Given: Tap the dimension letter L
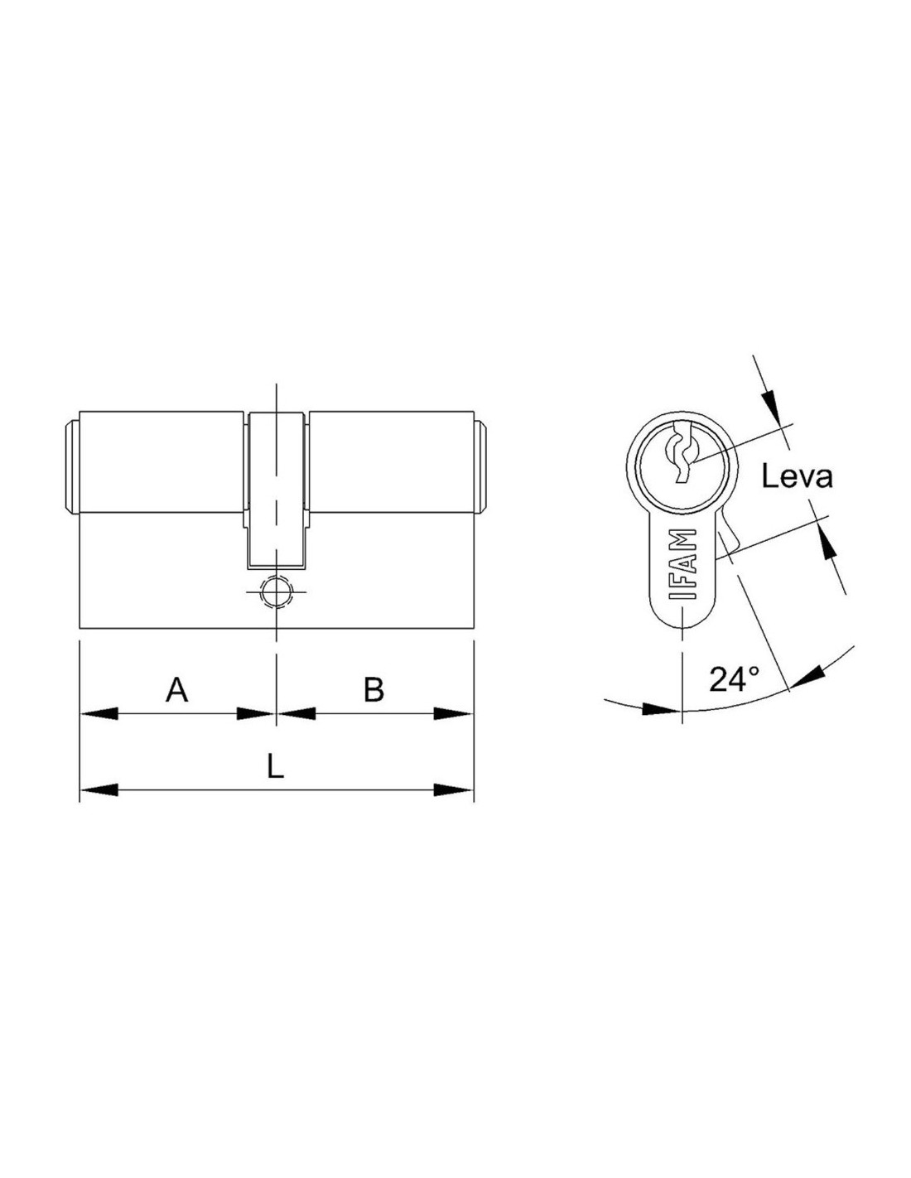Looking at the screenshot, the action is (276, 766).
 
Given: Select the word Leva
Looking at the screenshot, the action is (798, 478).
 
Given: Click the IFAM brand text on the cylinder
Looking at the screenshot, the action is (682, 563).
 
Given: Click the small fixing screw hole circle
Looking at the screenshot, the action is (277, 591).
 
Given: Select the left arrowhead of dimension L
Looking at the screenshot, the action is (99, 789).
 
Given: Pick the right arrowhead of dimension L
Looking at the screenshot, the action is (454, 789).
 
